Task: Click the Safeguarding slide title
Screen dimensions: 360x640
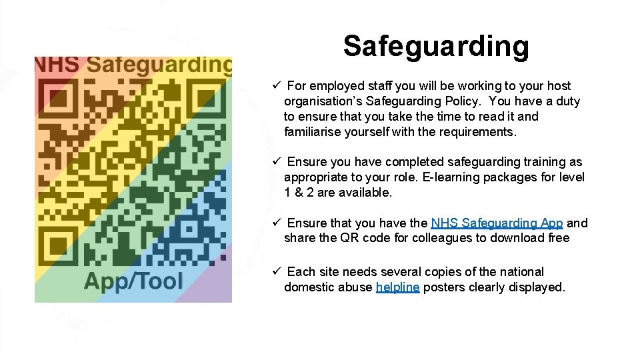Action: tap(436, 46)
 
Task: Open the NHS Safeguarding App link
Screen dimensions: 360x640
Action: tap(497, 223)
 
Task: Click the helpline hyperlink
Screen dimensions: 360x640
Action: tap(397, 287)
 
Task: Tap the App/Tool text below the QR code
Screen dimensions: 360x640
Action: tap(133, 281)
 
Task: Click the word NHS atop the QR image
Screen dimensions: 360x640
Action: tap(56, 65)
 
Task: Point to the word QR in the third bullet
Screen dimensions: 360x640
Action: tap(347, 238)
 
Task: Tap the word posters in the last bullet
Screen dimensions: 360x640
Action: tap(443, 287)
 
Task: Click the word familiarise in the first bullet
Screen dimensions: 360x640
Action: tap(313, 132)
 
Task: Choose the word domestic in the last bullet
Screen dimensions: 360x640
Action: tap(307, 287)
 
